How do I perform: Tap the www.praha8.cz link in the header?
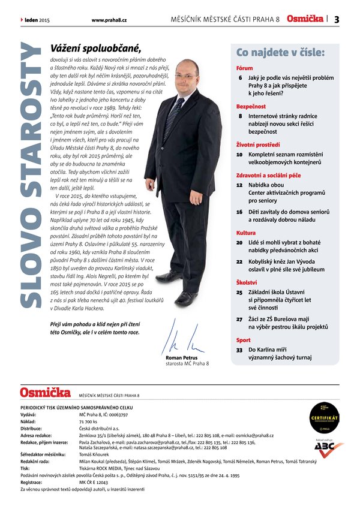click(x=108, y=20)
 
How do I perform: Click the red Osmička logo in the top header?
click(x=305, y=19)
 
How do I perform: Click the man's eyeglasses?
click(x=186, y=76)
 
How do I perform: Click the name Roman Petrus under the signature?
click(x=181, y=358)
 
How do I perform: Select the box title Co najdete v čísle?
click(x=280, y=53)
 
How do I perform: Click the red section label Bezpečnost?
click(x=251, y=105)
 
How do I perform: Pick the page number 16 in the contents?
click(x=239, y=212)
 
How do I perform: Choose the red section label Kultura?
click(x=246, y=233)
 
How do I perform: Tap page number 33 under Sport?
click(x=239, y=349)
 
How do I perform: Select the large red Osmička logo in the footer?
click(x=45, y=393)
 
